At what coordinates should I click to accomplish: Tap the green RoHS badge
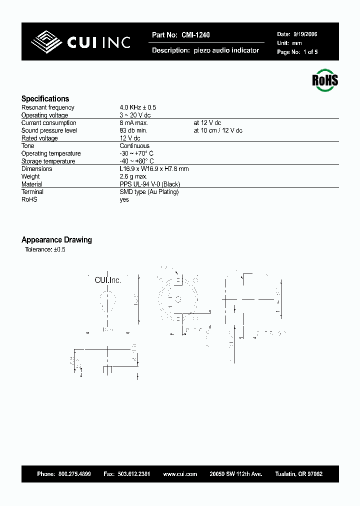pyautogui.click(x=325, y=80)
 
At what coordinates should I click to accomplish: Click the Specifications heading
pyautogui.click(x=45, y=99)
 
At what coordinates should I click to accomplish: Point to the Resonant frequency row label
pyautogui.click(x=47, y=107)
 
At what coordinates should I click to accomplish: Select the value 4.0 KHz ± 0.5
pyautogui.click(x=138, y=107)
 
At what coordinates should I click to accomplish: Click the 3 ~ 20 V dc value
pyautogui.click(x=135, y=115)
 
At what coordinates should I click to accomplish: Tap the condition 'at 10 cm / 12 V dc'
pyautogui.click(x=218, y=130)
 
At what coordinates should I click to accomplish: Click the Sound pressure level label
pyautogui.click(x=49, y=130)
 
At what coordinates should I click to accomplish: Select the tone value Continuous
pyautogui.click(x=134, y=146)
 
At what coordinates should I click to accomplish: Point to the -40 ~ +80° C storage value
pyautogui.click(x=136, y=161)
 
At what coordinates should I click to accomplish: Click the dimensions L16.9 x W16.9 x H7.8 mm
pyautogui.click(x=154, y=169)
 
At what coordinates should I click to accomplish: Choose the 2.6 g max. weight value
pyautogui.click(x=133, y=176)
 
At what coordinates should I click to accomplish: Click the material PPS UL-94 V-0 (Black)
pyautogui.click(x=150, y=184)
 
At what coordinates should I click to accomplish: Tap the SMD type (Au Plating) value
pyautogui.click(x=149, y=192)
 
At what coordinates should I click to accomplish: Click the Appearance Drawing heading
pyautogui.click(x=56, y=240)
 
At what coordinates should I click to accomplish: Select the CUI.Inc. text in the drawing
pyautogui.click(x=108, y=280)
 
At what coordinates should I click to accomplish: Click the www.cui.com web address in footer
pyautogui.click(x=180, y=474)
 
